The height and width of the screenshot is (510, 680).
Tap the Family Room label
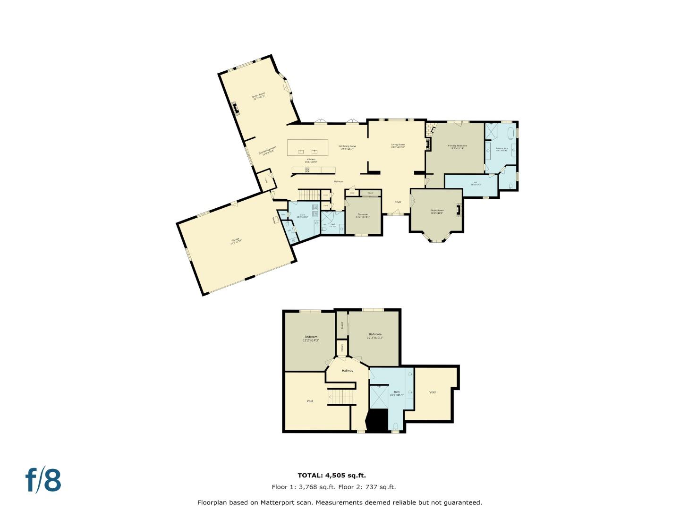pos(259,95)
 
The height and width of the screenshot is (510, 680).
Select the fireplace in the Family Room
pos(235,109)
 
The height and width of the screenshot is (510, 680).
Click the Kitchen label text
pos(311,161)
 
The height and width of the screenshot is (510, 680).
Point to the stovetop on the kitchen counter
pos(307,170)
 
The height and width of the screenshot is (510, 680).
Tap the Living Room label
pos(398,145)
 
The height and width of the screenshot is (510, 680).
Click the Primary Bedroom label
pos(457,147)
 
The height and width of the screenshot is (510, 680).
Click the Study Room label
pos(437,211)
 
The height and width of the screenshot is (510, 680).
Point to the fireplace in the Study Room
pos(458,210)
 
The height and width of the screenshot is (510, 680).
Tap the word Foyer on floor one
pos(398,202)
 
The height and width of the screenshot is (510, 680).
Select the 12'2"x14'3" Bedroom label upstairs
pos(311,338)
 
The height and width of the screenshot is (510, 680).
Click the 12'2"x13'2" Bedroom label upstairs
pos(375,336)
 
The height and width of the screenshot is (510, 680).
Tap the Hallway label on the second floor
pos(348,371)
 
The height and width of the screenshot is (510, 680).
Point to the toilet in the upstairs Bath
pos(396,427)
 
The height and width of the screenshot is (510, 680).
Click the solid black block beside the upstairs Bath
pos(377,421)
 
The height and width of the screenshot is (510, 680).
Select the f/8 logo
pos(43,480)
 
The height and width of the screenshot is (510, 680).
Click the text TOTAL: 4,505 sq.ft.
pos(331,476)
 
